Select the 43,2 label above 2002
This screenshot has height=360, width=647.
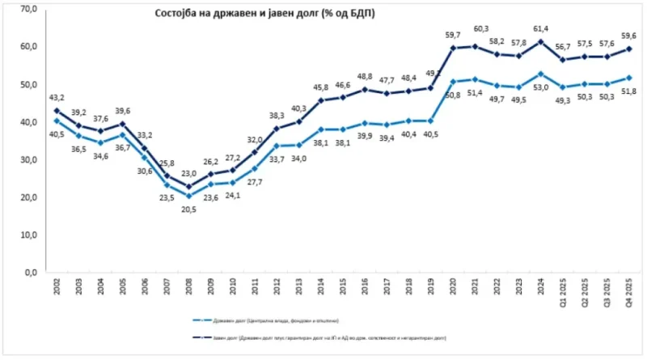pyautogui.click(x=57, y=97)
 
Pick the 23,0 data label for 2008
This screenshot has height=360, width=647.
pyautogui.click(x=189, y=173)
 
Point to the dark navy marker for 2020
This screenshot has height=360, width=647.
pyautogui.click(x=453, y=48)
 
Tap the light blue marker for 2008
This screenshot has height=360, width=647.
pyautogui.click(x=189, y=196)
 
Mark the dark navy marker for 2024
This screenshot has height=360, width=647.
pyautogui.click(x=540, y=41)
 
